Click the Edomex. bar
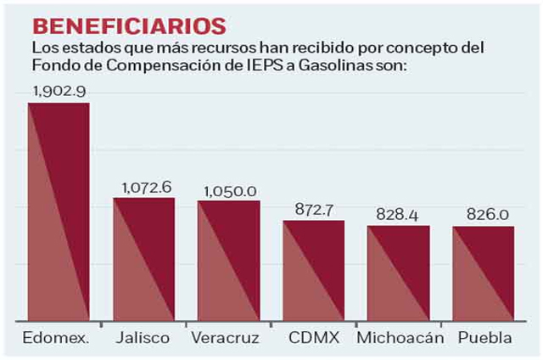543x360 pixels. (59, 211)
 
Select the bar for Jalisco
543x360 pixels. (144, 259)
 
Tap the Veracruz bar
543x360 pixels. (229, 261)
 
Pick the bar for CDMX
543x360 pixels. (314, 270)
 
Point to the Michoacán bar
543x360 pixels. (399, 273)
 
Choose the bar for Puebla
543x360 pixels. (483, 273)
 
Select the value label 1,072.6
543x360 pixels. (145, 187)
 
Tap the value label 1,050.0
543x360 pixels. (229, 188)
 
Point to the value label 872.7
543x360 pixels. (314, 209)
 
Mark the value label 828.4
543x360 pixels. (399, 214)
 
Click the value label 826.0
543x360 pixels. (484, 214)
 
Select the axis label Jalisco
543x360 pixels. (144, 338)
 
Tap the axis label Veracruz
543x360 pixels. (229, 338)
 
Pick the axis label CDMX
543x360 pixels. (314, 338)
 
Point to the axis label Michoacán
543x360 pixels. (400, 338)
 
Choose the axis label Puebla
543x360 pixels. (484, 338)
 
